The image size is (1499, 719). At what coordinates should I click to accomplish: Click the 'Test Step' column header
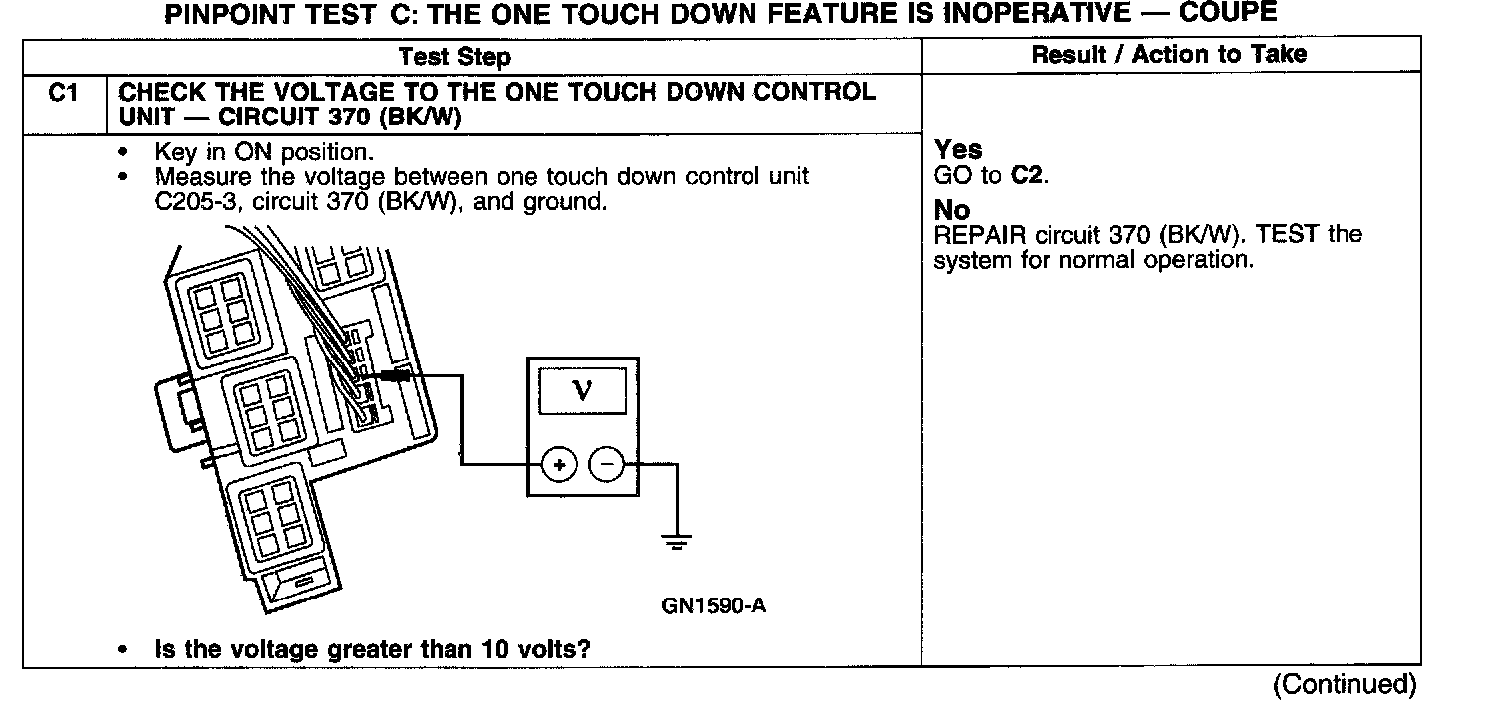tap(454, 57)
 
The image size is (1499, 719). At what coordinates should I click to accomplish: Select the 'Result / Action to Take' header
tap(1168, 55)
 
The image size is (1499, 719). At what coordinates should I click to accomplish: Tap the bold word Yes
tap(958, 150)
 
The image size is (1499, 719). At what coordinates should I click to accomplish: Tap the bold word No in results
tap(952, 212)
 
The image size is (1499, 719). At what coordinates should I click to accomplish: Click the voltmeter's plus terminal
tap(559, 465)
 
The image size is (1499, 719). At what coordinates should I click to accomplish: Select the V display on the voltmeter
tap(583, 389)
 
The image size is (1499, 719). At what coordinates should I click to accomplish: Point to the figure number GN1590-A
tap(713, 606)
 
